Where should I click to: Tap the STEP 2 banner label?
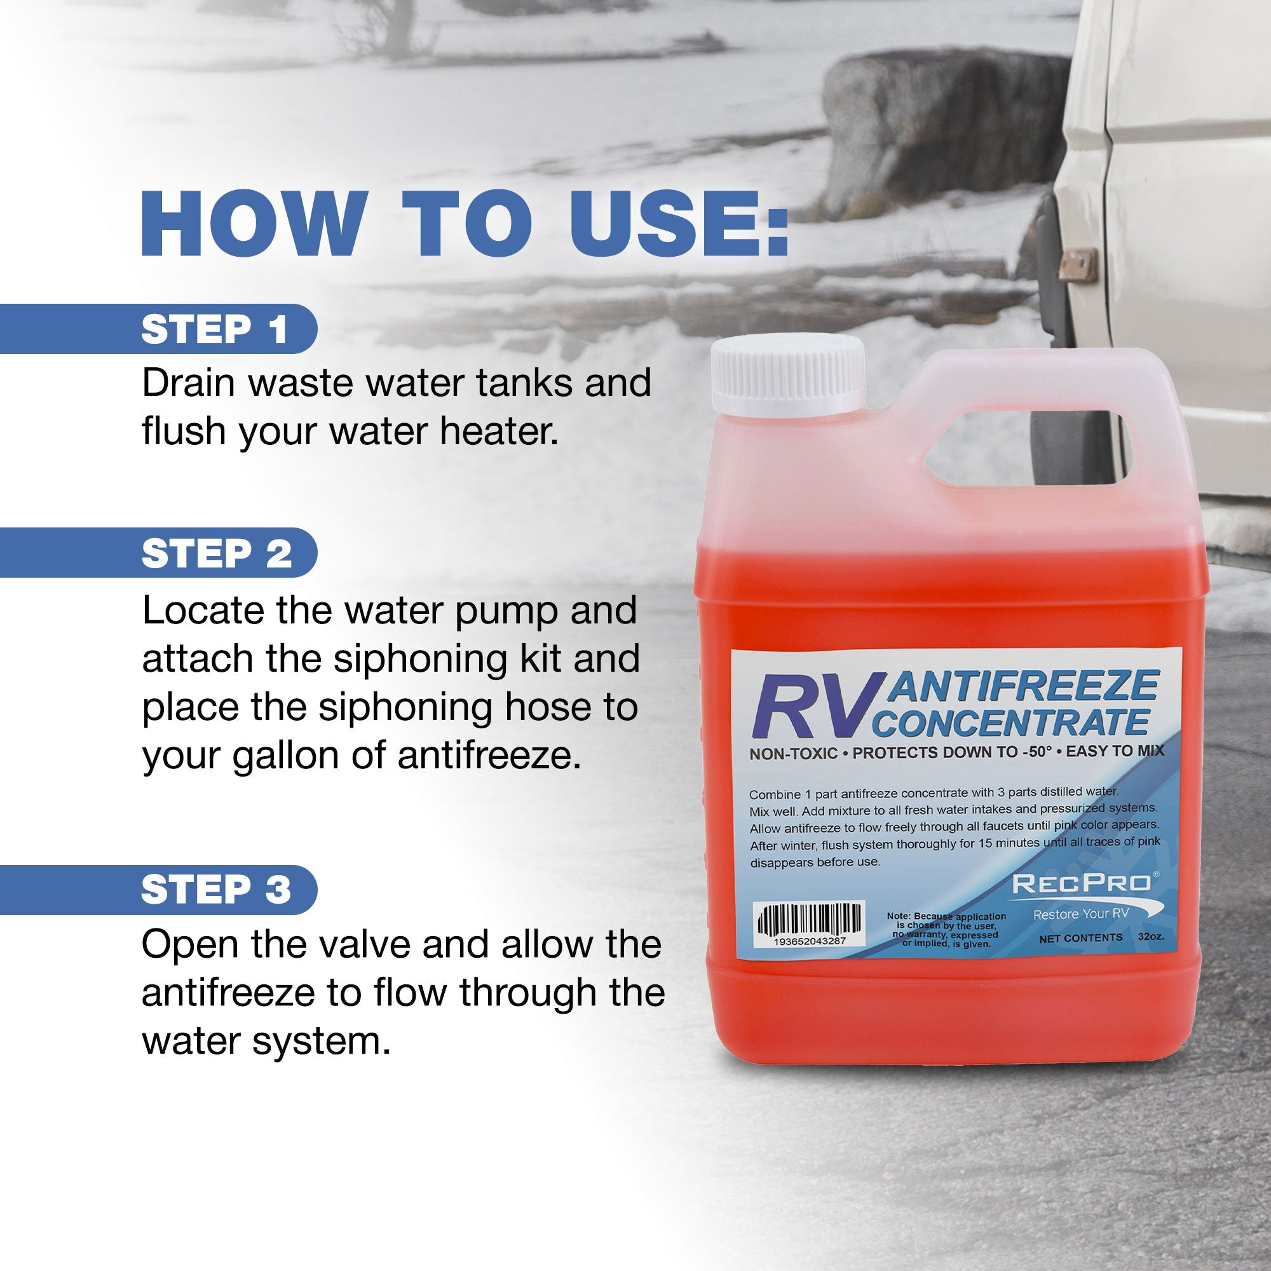pos(217,554)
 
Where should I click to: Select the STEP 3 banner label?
pos(217,890)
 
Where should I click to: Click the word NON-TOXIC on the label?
pos(794,754)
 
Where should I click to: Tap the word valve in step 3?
pos(358,944)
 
